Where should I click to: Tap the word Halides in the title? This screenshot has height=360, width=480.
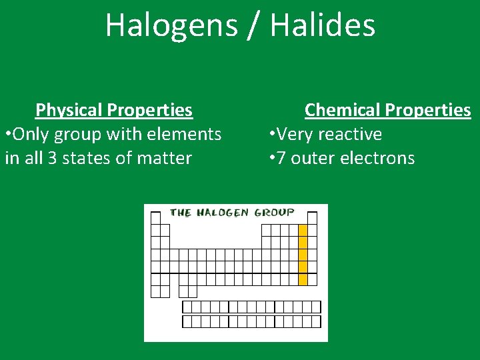click(323, 25)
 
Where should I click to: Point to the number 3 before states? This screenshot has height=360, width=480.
click(53, 158)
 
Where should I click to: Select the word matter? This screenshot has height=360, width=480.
click(163, 158)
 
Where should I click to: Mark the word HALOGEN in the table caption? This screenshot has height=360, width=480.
click(222, 213)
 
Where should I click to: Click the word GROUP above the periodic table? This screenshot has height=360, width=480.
click(273, 213)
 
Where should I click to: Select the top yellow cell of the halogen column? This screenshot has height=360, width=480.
click(303, 230)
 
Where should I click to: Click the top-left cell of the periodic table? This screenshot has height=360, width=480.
click(155, 218)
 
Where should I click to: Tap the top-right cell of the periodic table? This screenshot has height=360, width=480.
click(312, 218)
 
